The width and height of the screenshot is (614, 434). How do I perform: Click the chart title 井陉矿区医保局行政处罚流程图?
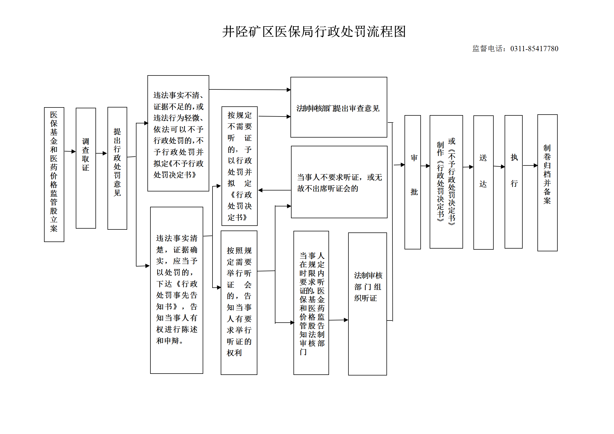[x=314, y=32]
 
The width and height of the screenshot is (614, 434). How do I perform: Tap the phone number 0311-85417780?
[x=534, y=49]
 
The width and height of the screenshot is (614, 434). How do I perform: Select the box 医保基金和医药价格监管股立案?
[x=54, y=174]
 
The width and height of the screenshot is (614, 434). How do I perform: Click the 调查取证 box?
[x=86, y=168]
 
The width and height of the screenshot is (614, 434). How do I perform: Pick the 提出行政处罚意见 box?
[x=117, y=168]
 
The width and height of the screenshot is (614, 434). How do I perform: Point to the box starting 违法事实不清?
[x=178, y=133]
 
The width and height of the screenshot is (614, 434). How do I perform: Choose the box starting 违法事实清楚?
[x=177, y=290]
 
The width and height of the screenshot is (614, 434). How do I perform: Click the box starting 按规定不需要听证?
[x=240, y=166]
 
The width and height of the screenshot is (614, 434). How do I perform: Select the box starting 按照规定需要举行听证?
[x=239, y=302]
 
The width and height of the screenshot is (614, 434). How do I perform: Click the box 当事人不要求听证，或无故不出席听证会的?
[x=339, y=182]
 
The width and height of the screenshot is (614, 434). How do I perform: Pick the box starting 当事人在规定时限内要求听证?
[x=311, y=303]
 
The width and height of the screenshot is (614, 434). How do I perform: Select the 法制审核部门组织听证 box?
[x=368, y=304]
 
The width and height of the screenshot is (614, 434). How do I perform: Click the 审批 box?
[x=413, y=182]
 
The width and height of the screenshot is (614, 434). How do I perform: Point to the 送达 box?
[x=484, y=182]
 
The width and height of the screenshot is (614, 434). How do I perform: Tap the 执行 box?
[x=514, y=182]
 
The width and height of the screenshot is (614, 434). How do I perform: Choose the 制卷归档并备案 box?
[x=548, y=183]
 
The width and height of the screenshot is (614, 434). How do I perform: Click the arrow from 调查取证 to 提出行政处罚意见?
[x=101, y=153]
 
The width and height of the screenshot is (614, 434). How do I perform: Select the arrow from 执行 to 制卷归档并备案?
[x=530, y=165]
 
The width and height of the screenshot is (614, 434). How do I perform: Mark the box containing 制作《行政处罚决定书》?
[x=446, y=182]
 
